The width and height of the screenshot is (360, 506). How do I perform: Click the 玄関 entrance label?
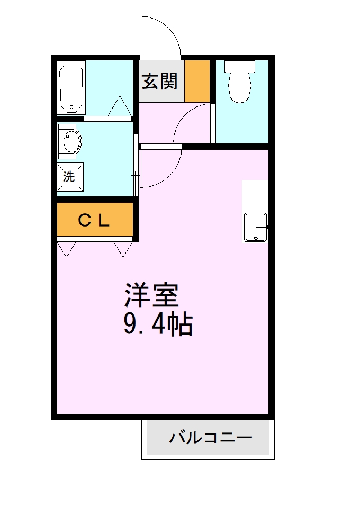pyautogui.click(x=159, y=82)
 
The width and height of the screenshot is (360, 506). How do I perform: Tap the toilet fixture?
pyautogui.click(x=240, y=87)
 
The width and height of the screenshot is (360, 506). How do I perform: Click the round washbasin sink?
pyautogui.click(x=70, y=141)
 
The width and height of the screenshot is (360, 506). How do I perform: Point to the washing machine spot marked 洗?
pyautogui.click(x=69, y=177)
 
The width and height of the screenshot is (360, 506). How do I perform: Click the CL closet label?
pyautogui.click(x=94, y=220)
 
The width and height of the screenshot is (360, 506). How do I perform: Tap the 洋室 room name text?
pyautogui.click(x=151, y=295)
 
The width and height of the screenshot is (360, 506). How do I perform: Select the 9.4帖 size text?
pyautogui.click(x=157, y=324)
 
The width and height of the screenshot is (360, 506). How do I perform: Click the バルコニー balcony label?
pyautogui.click(x=210, y=438)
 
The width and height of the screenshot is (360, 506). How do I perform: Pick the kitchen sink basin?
pyautogui.click(x=256, y=227)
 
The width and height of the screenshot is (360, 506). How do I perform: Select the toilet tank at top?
pyautogui.click(x=240, y=66)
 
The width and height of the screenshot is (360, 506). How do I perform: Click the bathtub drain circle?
pyautogui.click(x=71, y=107)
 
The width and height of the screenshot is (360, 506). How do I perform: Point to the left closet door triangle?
pyautogui.click(x=67, y=249)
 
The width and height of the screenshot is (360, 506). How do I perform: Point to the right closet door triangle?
pyautogui.click(x=123, y=249)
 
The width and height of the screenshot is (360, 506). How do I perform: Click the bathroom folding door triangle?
pyautogui.click(x=120, y=107)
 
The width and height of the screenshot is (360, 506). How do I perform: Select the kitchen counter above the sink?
pyautogui.click(x=255, y=196)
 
